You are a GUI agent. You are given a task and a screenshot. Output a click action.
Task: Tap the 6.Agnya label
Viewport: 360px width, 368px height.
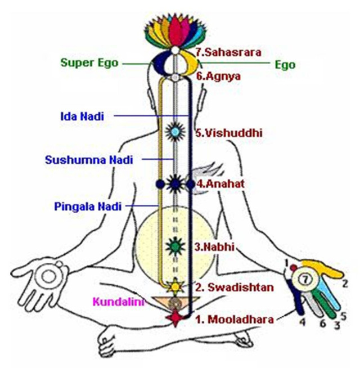[x=214, y=74]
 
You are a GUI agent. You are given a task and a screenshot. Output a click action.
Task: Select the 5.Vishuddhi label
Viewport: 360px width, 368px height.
[x=222, y=133]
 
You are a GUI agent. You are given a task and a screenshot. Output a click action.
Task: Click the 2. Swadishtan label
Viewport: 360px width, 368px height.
[x=235, y=287]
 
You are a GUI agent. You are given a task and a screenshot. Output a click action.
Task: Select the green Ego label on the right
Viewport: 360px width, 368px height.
[x=285, y=65]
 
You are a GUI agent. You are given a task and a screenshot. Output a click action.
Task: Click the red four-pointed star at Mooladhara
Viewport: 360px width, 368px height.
[x=175, y=318]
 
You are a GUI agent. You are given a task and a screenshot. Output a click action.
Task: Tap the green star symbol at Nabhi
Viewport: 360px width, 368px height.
[x=175, y=246]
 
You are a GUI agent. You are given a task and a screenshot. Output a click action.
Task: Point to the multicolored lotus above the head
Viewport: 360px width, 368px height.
[x=175, y=33]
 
